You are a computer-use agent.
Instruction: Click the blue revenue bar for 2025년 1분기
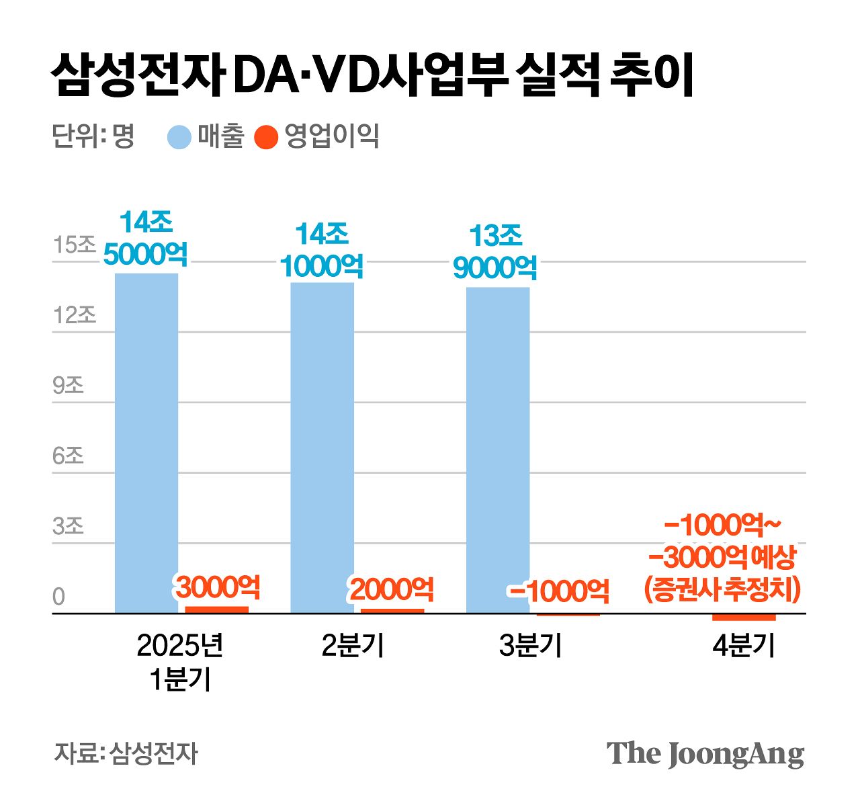[146, 443]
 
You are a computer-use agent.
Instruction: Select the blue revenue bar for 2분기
[322, 448]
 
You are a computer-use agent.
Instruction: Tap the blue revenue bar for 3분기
[498, 450]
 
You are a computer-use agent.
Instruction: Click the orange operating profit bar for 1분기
[216, 609]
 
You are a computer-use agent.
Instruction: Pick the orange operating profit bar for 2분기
[392, 611]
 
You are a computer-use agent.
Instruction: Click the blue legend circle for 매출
[179, 137]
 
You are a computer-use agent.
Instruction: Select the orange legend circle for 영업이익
[266, 137]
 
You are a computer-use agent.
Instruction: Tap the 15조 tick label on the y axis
[75, 245]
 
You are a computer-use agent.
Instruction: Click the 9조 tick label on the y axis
[68, 386]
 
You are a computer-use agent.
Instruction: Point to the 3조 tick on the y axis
[68, 527]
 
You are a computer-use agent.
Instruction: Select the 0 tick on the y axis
[59, 597]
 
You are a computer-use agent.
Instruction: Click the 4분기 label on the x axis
[744, 646]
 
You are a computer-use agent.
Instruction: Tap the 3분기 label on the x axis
[530, 646]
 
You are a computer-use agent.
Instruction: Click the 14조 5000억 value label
[146, 238]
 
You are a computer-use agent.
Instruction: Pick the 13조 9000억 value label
[495, 252]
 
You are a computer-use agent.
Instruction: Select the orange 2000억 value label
[391, 589]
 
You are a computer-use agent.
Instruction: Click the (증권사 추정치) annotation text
[722, 589]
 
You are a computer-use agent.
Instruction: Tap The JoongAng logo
[705, 754]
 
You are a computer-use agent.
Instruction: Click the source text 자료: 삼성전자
[126, 753]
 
